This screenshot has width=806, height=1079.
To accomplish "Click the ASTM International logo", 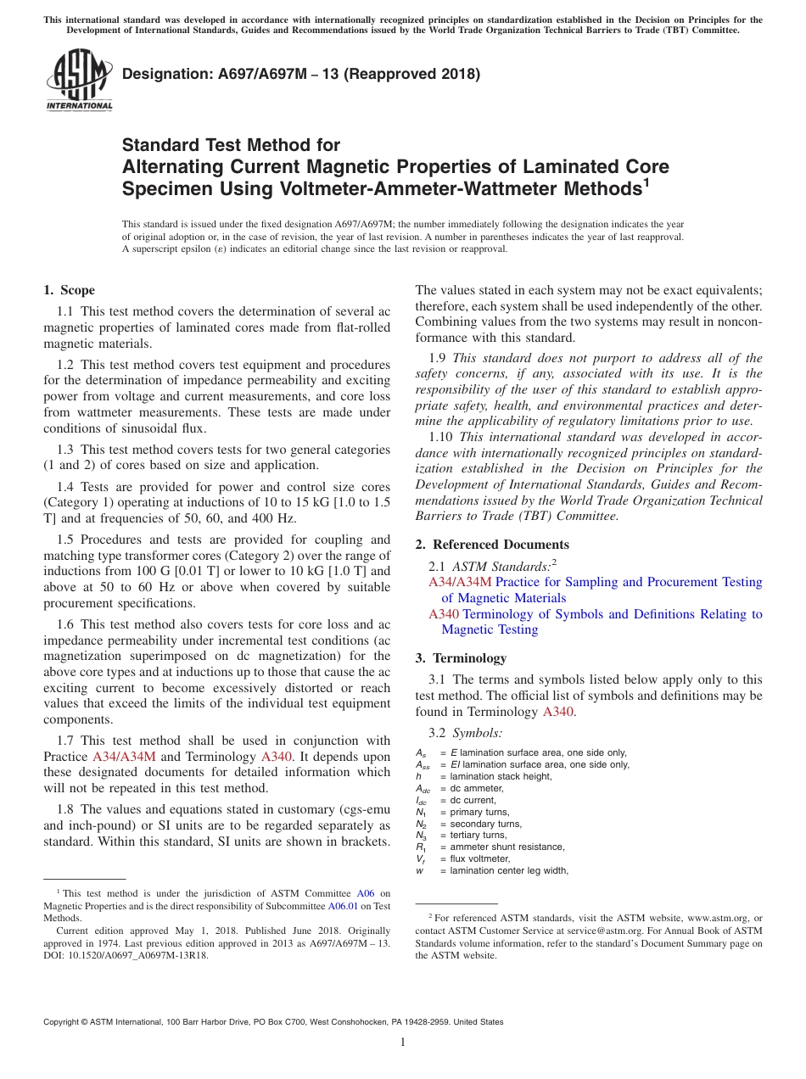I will click(79, 81).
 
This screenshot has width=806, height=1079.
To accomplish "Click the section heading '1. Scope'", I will click(70, 290).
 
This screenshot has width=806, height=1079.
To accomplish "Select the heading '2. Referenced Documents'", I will click(492, 545).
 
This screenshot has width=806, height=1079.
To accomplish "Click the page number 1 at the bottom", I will click(403, 1042).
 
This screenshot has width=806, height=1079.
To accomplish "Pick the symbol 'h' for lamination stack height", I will click(418, 776).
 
